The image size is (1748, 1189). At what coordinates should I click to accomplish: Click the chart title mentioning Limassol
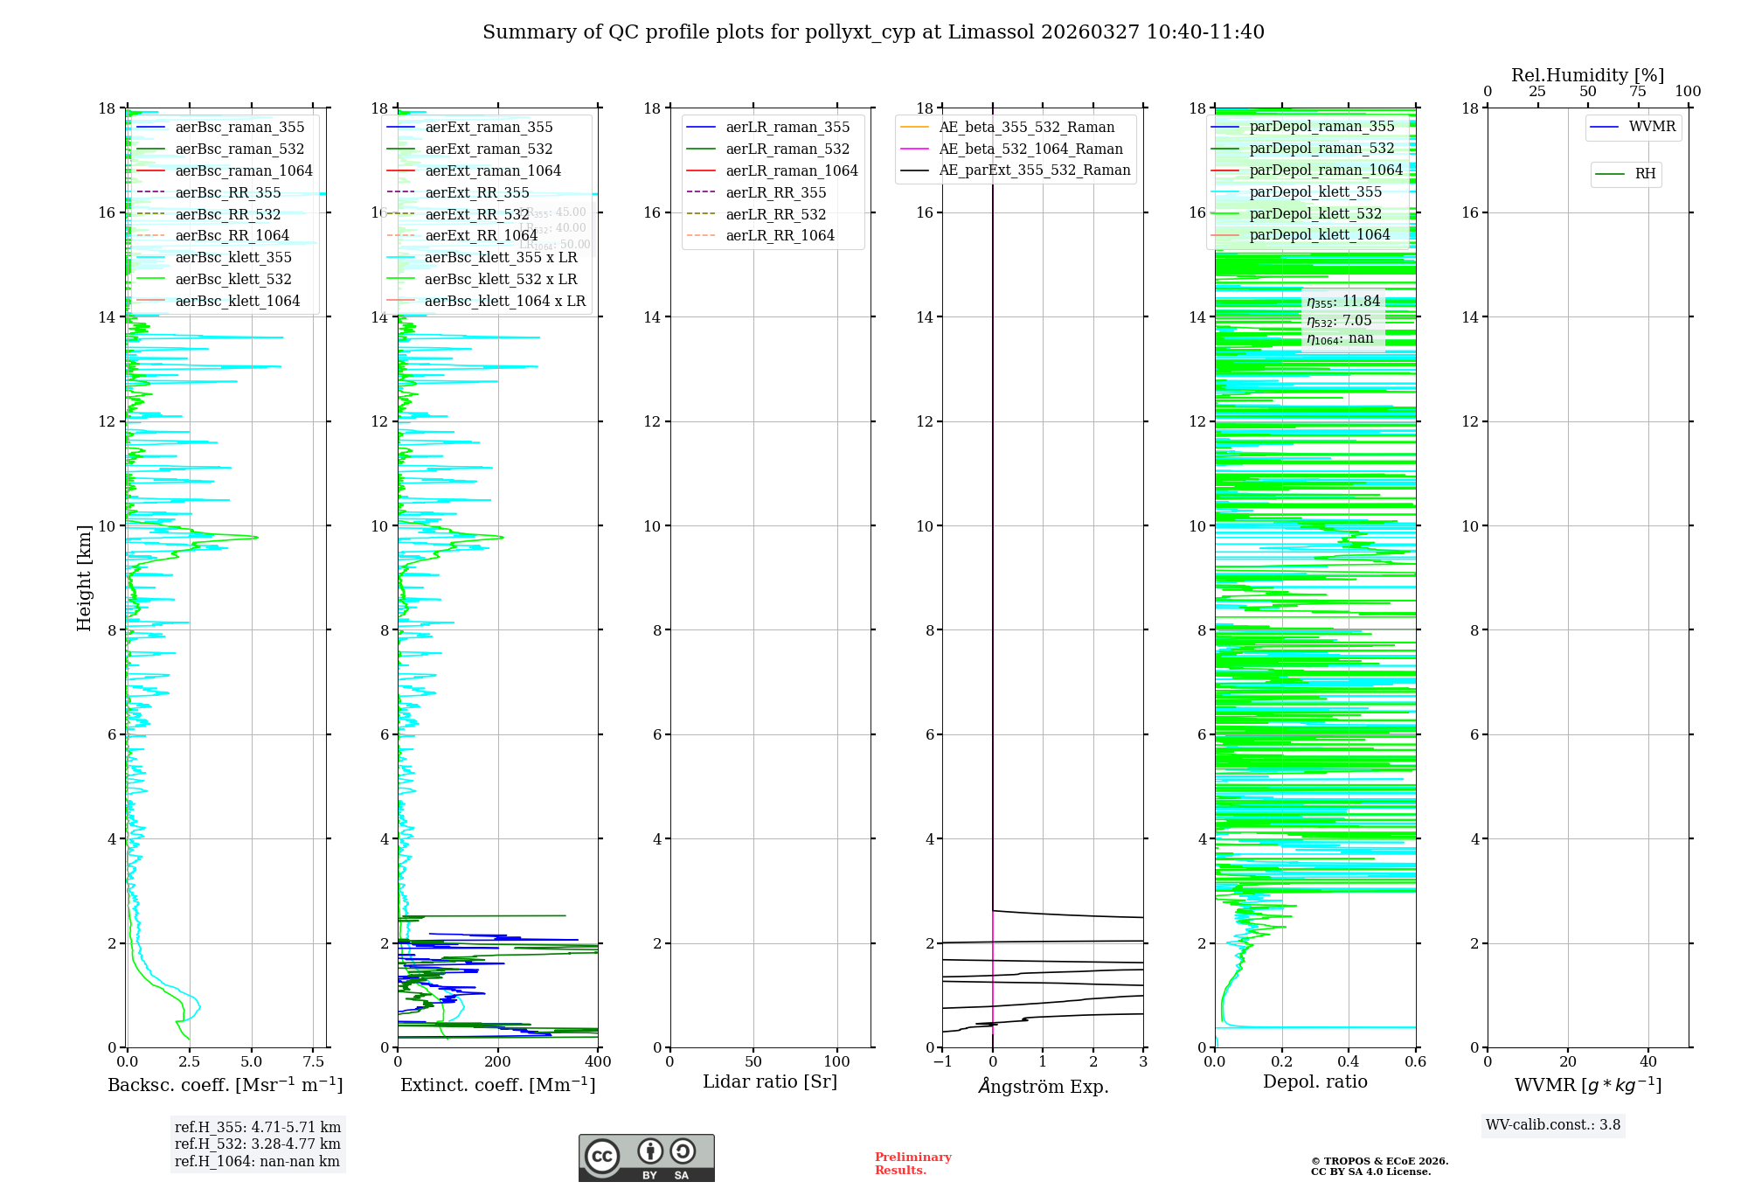(x=873, y=32)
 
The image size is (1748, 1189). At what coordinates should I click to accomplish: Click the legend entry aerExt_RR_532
(x=477, y=214)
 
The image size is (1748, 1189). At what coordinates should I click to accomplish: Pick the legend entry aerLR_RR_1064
(x=780, y=235)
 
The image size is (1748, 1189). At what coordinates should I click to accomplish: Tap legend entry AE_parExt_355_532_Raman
(x=1034, y=170)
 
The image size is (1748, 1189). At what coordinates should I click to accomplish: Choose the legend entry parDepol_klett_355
(x=1315, y=191)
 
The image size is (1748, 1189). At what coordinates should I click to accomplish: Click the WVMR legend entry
(x=1652, y=127)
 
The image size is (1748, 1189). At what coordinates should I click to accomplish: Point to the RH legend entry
(x=1645, y=174)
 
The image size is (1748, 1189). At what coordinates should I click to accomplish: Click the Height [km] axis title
(x=84, y=578)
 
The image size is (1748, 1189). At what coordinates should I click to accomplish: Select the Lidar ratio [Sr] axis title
(x=770, y=1081)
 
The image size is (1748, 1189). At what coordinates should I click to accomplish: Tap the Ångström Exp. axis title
(x=1043, y=1086)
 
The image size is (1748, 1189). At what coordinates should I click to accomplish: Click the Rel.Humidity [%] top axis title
(x=1587, y=75)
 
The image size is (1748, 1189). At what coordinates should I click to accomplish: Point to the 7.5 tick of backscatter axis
(x=314, y=1062)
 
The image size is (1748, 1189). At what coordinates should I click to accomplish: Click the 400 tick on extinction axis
(x=599, y=1062)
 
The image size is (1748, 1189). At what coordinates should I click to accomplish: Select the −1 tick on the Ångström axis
(x=942, y=1062)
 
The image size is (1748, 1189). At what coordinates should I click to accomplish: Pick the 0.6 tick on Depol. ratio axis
(x=1415, y=1062)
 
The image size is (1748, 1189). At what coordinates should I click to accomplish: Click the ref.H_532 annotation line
(x=258, y=1144)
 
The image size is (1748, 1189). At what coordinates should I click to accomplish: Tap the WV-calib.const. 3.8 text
(x=1553, y=1125)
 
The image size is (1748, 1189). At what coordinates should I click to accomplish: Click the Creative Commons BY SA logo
(x=646, y=1158)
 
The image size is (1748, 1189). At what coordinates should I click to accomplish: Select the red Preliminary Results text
(x=912, y=1164)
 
